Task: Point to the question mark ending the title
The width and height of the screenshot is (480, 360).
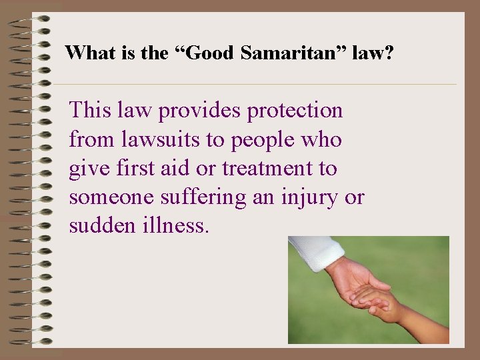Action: click(389, 53)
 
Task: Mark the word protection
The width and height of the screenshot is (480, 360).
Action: click(295, 111)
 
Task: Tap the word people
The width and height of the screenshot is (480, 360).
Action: click(253, 141)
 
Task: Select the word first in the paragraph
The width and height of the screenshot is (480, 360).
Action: click(135, 169)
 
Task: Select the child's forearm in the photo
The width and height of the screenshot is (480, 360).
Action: click(421, 323)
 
